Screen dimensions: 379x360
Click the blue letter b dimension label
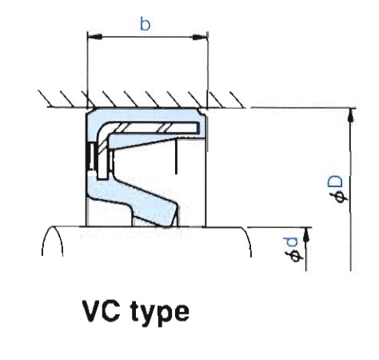pyautogui.click(x=146, y=24)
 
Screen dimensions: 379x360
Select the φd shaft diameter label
pyautogui.click(x=293, y=250)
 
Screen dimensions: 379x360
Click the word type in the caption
pyautogui.click(x=160, y=313)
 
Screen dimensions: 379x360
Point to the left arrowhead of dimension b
pyautogui.click(x=94, y=37)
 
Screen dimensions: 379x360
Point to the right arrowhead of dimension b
pyautogui.click(x=200, y=37)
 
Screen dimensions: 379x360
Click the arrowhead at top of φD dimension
pyautogui.click(x=352, y=116)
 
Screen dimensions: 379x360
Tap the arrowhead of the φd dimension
pyautogui.click(x=307, y=235)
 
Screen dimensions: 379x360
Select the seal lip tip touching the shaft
pyautogui.click(x=169, y=226)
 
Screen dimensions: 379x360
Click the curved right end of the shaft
pyautogui.click(x=247, y=240)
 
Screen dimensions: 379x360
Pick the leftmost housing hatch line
pyautogui.click(x=46, y=98)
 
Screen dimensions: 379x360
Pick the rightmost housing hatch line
pyautogui.click(x=237, y=99)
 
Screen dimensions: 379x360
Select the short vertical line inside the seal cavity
pyautogui.click(x=176, y=156)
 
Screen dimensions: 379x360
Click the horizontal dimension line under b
pyautogui.click(x=147, y=37)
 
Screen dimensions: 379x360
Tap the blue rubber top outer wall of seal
pyautogui.click(x=146, y=114)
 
